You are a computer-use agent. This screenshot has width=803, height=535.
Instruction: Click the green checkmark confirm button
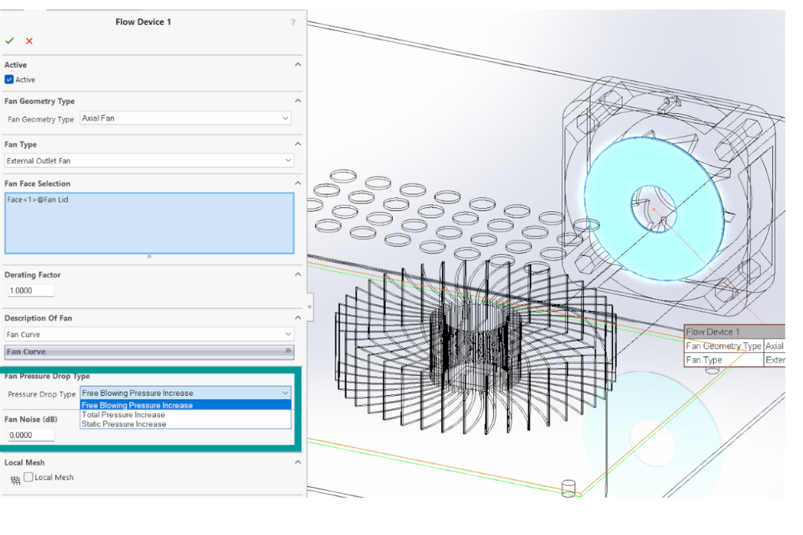point(9,41)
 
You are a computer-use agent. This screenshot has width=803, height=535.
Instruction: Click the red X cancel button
point(29,41)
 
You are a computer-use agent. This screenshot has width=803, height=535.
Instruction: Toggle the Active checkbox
point(9,80)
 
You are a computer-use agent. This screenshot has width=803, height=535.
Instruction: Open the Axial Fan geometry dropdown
point(185,118)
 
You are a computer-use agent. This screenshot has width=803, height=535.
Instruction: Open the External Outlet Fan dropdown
point(149,160)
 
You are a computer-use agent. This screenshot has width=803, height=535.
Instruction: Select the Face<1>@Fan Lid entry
point(37,200)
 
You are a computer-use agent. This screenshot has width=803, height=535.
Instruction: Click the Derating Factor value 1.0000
point(30,291)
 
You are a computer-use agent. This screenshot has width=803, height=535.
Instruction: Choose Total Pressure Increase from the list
point(123,415)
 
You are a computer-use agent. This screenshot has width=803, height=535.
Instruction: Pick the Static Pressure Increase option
point(124,424)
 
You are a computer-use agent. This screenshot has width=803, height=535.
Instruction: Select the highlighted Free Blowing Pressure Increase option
point(137,405)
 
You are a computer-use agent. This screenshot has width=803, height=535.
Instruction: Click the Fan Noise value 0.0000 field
point(30,435)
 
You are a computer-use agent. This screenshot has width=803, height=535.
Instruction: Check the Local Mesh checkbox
point(29,477)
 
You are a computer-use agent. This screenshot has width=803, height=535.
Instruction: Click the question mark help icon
point(293,22)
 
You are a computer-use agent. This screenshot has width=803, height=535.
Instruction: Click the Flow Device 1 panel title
point(143,22)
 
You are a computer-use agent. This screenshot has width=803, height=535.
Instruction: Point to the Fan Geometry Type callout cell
point(723,346)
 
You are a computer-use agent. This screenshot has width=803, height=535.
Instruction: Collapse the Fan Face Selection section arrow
point(298,183)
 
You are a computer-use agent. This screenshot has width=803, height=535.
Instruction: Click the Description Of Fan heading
point(38,318)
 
